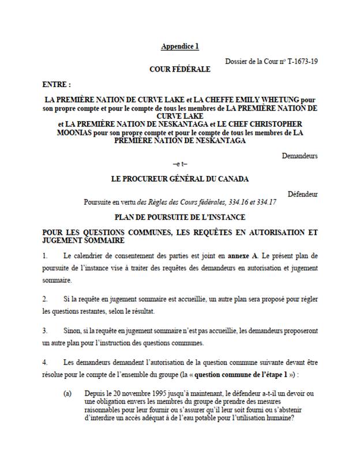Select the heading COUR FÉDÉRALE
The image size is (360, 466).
(x=179, y=70)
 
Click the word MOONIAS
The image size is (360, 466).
(x=63, y=131)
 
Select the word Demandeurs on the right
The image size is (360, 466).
(x=300, y=156)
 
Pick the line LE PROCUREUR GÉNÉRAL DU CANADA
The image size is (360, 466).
(x=179, y=179)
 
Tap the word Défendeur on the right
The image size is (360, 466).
(x=302, y=194)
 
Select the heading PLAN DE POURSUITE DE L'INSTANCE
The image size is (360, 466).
(x=179, y=217)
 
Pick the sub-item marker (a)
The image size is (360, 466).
(x=67, y=393)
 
